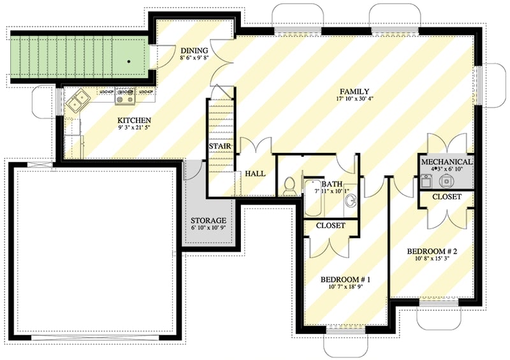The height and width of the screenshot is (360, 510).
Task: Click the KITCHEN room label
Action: [133, 120]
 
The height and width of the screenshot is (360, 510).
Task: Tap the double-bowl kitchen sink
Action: [80, 99]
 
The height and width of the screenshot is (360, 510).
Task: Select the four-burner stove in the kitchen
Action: [124, 97]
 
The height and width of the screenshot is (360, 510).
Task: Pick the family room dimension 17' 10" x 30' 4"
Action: [355, 99]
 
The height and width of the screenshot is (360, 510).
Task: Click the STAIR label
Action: [219, 147]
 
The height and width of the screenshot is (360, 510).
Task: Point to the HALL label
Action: [256, 173]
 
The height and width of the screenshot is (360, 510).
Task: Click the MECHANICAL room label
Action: [446, 162]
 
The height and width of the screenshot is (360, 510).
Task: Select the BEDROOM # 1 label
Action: [345, 280]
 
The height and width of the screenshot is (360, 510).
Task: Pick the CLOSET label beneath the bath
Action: [330, 226]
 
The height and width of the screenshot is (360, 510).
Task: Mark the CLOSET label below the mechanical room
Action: [446, 197]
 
